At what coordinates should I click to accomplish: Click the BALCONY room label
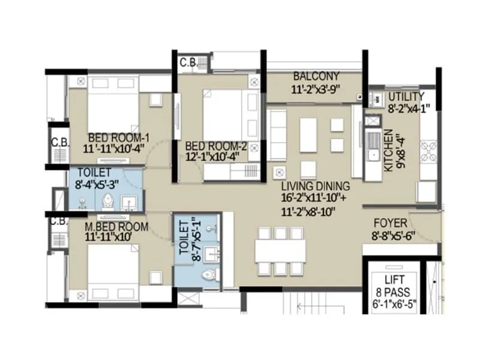tap(316, 77)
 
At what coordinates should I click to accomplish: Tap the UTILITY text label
tap(406, 97)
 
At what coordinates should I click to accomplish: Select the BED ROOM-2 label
tap(216, 146)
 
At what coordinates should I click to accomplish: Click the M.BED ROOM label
tap(107, 227)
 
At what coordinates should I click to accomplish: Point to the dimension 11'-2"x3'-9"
tap(316, 89)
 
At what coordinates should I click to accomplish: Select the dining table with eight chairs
tap(280, 251)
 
